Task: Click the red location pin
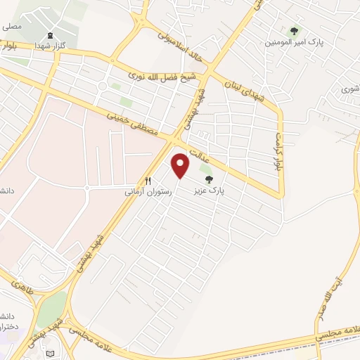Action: [x=181, y=165]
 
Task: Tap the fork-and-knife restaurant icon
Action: [x=148, y=181]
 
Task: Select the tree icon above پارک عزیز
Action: [x=207, y=179]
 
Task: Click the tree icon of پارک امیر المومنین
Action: [x=294, y=31]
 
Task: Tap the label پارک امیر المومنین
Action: [x=288, y=42]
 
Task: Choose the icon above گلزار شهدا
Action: [x=49, y=36]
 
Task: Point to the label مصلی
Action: [x=10, y=27]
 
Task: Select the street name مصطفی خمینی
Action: [x=133, y=124]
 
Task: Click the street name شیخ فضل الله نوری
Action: [x=166, y=75]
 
